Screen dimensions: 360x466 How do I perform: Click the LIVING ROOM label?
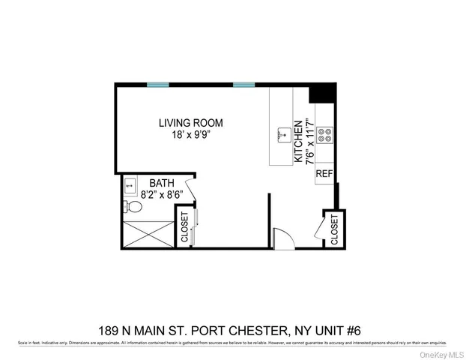[x=190, y=123]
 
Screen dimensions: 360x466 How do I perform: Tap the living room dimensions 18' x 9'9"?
[x=190, y=135]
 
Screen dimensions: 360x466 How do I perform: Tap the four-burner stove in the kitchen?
[x=325, y=136]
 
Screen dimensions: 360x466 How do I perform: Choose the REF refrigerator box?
[x=324, y=174]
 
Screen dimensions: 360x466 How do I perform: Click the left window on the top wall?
[x=157, y=85]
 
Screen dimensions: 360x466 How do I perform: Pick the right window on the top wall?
[x=243, y=85]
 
